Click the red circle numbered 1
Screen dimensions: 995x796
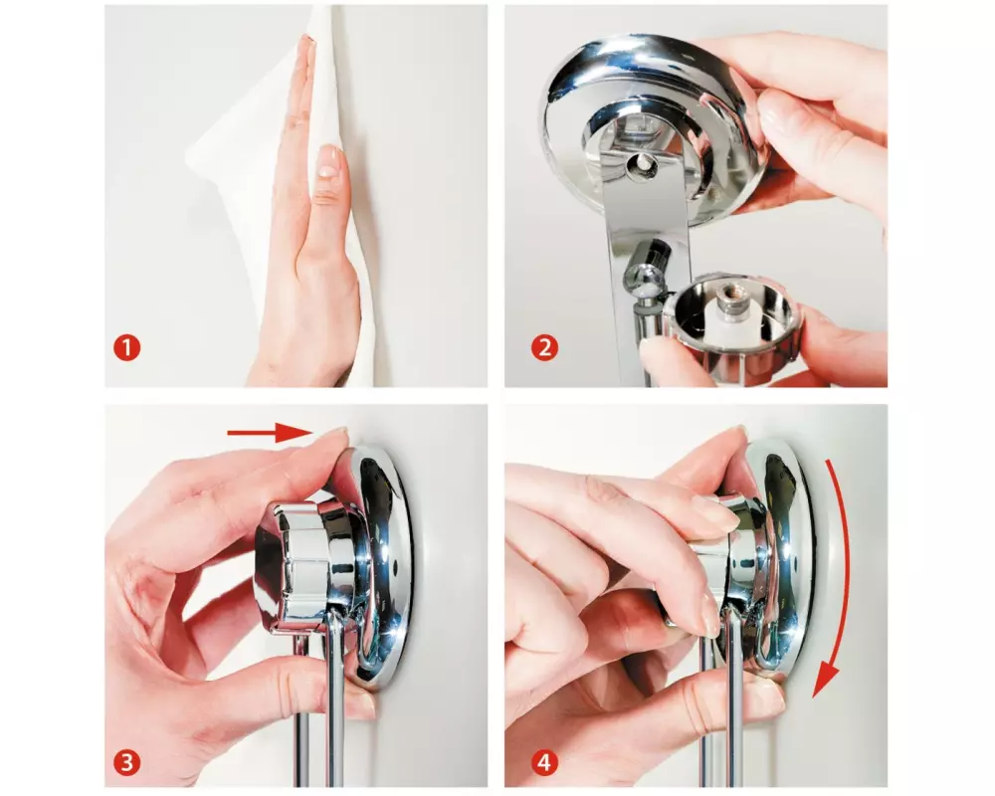click(x=127, y=348)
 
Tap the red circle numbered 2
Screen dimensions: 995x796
click(x=544, y=347)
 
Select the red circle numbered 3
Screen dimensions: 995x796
click(x=127, y=762)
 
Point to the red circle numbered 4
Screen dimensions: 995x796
click(x=544, y=762)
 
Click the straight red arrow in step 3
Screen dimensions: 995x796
click(x=271, y=433)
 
